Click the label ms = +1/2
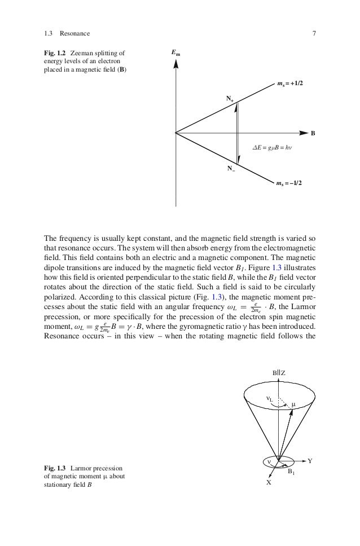coord(289,83)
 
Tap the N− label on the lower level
coord(230,169)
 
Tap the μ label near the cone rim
coord(293,404)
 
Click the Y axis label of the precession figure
coord(310,461)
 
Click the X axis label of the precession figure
coord(269,483)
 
